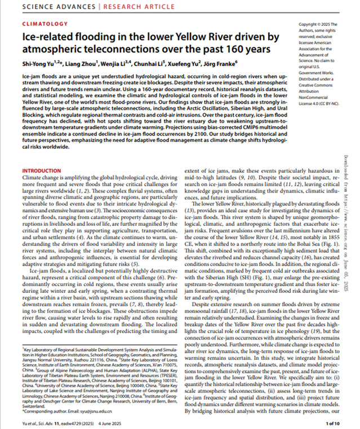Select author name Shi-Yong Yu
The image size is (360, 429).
[41, 64]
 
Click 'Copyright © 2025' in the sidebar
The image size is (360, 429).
[319, 25]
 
